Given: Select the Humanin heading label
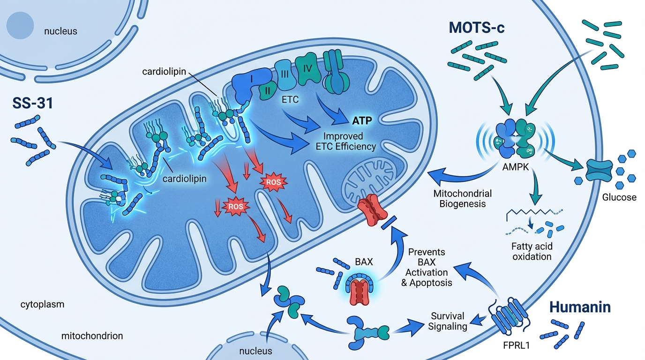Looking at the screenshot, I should click(579, 307).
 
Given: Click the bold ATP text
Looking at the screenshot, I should click(362, 121).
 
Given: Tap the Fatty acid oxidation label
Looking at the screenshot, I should click(532, 251).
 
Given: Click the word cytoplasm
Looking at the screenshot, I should click(43, 305).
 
